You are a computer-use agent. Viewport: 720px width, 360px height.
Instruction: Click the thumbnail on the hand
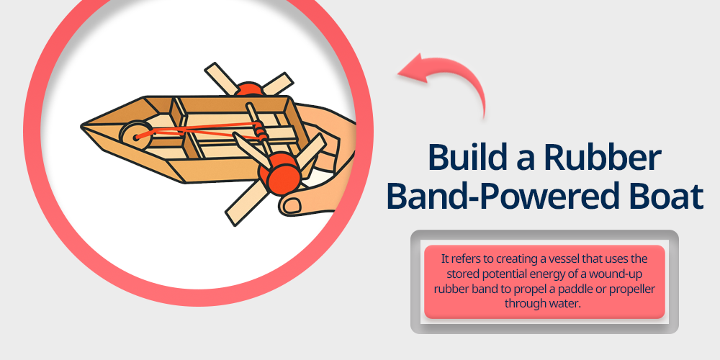(x=292, y=205)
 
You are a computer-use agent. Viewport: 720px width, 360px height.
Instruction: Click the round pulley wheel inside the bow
(x=134, y=135)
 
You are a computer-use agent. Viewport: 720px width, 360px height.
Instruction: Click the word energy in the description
(x=553, y=274)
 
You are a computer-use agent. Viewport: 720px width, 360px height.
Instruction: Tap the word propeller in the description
(x=633, y=289)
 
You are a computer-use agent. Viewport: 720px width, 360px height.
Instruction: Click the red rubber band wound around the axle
(x=261, y=133)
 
